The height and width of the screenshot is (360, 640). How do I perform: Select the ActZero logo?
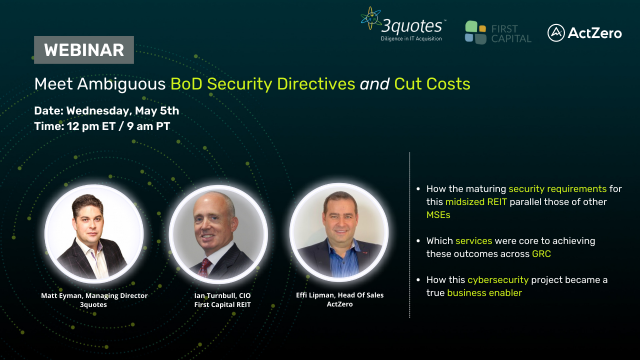(x=585, y=32)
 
